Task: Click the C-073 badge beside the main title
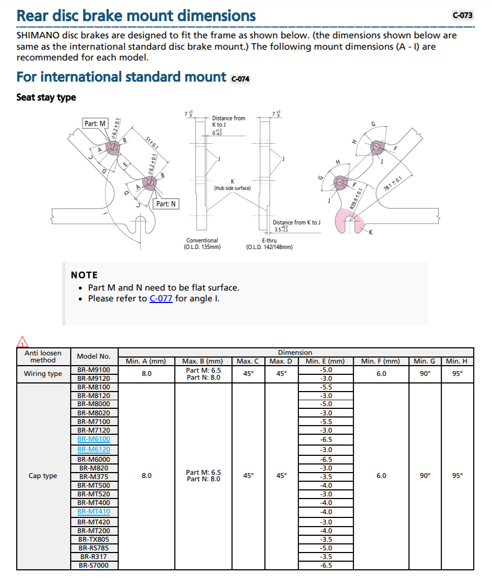[x=462, y=15]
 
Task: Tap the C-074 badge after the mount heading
[x=240, y=79]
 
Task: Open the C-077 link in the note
[x=161, y=299]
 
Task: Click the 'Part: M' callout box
[x=95, y=124]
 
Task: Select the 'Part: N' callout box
[x=166, y=204]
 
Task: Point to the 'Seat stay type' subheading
[x=46, y=97]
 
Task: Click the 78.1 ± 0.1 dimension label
[x=392, y=184]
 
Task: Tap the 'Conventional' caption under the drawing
[x=202, y=240]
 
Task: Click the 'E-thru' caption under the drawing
[x=269, y=240]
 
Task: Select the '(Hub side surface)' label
[x=233, y=188]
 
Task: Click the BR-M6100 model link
[x=93, y=439]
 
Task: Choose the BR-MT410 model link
[x=93, y=511]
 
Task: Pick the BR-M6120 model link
[x=93, y=449]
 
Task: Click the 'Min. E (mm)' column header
[x=325, y=361]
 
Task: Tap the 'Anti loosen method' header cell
[x=43, y=356]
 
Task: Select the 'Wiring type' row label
[x=43, y=374]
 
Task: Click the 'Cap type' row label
[x=43, y=476]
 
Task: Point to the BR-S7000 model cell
[x=93, y=565]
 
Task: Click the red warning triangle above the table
[x=22, y=342]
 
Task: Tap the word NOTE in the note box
[x=84, y=275]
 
